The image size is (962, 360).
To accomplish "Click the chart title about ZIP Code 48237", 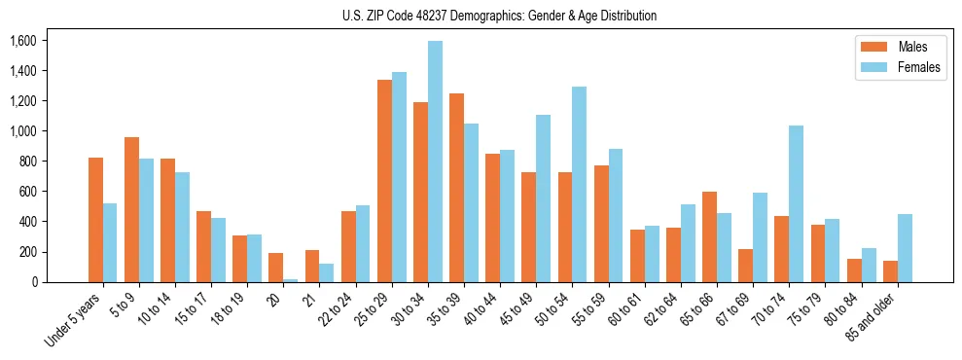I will click(x=500, y=16).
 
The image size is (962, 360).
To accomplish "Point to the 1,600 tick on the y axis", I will click(x=22, y=41).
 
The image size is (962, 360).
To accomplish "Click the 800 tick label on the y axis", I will click(x=26, y=162).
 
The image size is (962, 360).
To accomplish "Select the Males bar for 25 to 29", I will click(x=385, y=181).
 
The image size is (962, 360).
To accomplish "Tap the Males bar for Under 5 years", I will click(x=95, y=220).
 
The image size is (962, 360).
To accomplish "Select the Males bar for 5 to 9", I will click(x=131, y=210).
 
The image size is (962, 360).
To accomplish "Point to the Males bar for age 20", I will click(x=276, y=268).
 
